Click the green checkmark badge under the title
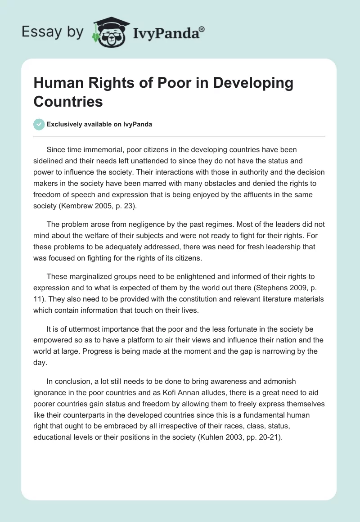(x=39, y=124)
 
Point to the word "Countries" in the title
(x=68, y=101)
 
